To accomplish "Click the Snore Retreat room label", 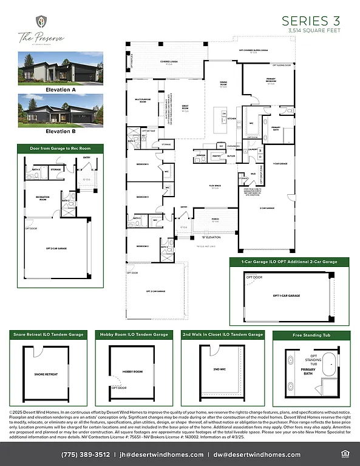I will coord(47,374).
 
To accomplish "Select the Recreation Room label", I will coord(42,198).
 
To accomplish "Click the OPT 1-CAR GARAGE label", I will coord(285,295).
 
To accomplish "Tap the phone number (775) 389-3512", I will coord(86,454).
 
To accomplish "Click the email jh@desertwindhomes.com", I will coord(161,454).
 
